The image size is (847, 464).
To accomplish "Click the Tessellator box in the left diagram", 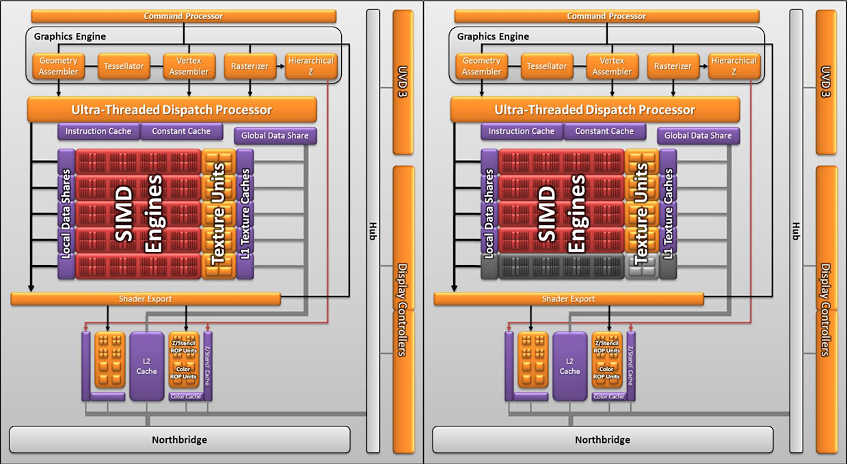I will pyautogui.click(x=124, y=66).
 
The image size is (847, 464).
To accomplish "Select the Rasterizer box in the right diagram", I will pyautogui.click(x=673, y=66).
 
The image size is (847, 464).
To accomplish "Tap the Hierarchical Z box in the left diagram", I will pyautogui.click(x=310, y=66).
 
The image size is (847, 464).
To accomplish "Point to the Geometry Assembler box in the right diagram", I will pyautogui.click(x=481, y=66).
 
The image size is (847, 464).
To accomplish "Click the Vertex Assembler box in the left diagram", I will pyautogui.click(x=189, y=66).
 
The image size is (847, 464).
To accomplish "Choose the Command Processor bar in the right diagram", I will pyautogui.click(x=606, y=16).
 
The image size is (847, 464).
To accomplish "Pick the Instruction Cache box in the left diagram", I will pyautogui.click(x=99, y=131).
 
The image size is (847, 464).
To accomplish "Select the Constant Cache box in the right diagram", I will pyautogui.click(x=604, y=131).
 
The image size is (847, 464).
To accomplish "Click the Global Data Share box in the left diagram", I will pyautogui.click(x=275, y=135).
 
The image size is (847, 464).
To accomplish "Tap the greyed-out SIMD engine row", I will pyautogui.click(x=561, y=266).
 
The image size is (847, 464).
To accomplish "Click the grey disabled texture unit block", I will pyautogui.click(x=641, y=266).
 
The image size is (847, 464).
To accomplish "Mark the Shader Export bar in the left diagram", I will pyautogui.click(x=146, y=299).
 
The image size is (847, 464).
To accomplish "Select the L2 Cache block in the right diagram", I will pyautogui.click(x=570, y=366).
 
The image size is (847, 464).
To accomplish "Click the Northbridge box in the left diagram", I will pyautogui.click(x=179, y=439).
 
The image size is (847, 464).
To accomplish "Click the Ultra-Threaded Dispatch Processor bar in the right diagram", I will pyautogui.click(x=595, y=109).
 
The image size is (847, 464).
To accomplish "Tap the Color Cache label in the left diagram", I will pyautogui.click(x=186, y=396).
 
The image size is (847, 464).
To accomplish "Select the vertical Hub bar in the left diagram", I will pyautogui.click(x=373, y=230).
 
